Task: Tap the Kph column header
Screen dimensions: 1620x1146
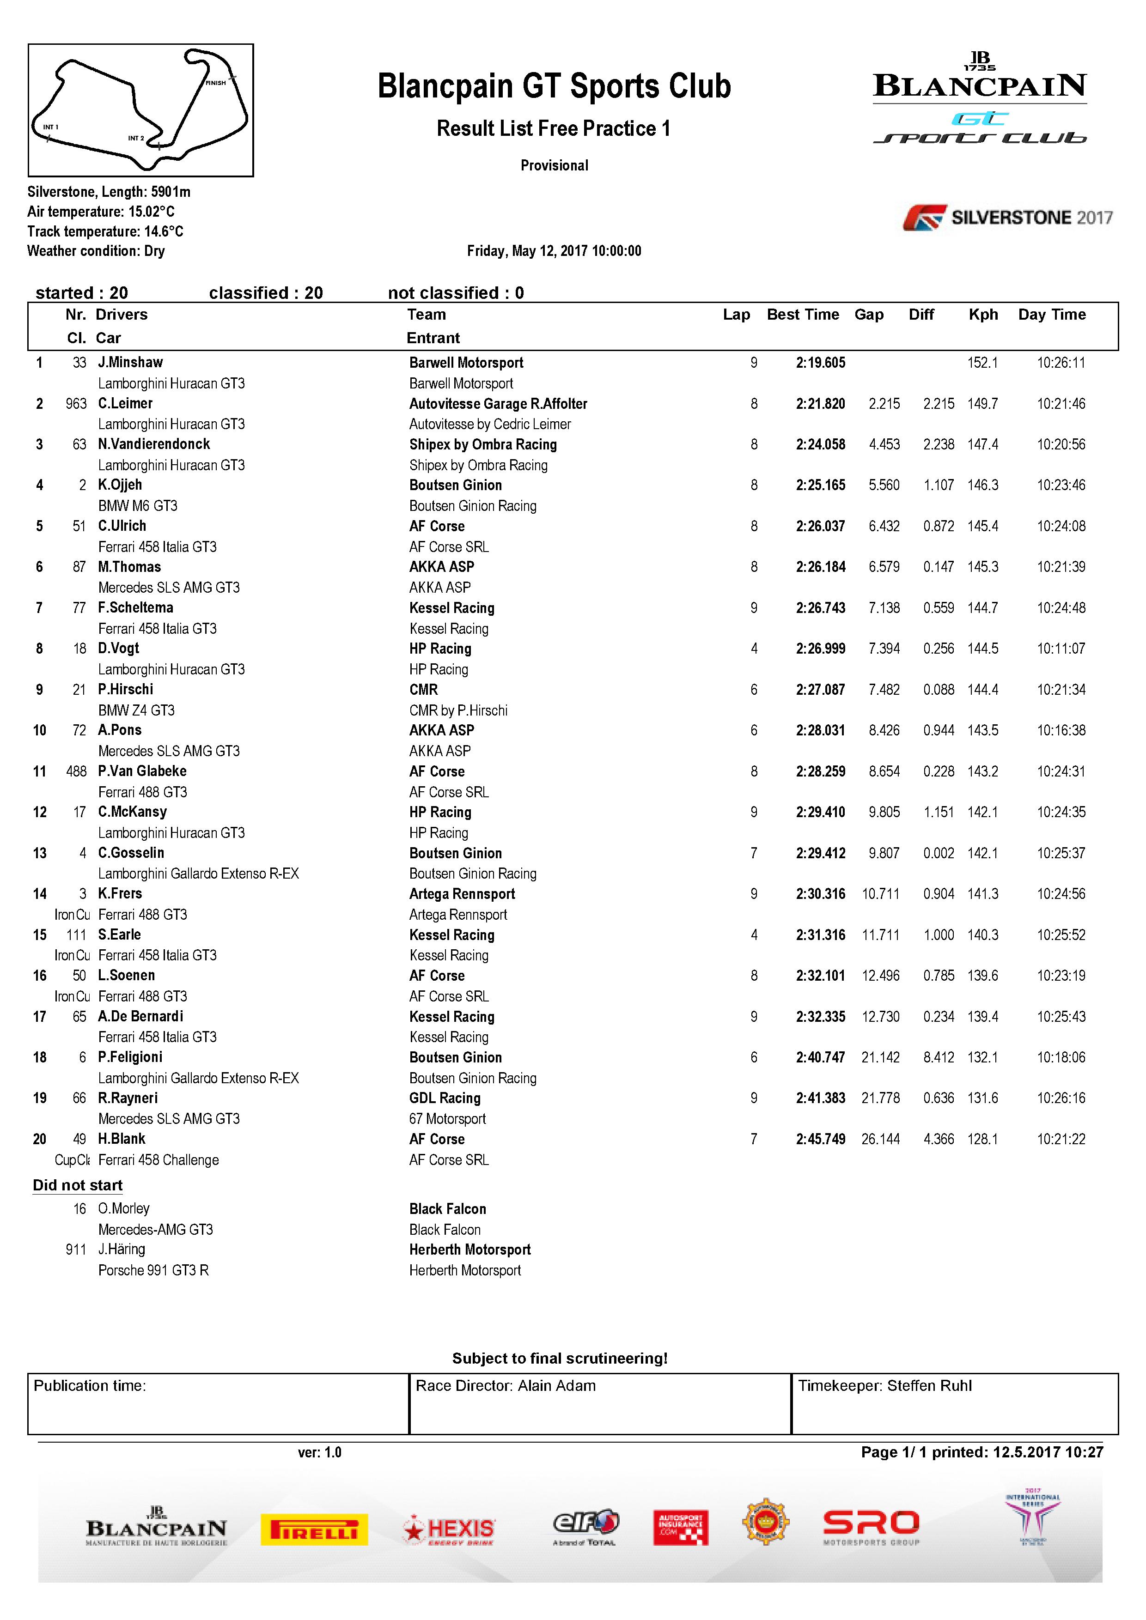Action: [983, 315]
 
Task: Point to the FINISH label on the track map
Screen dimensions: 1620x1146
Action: [215, 83]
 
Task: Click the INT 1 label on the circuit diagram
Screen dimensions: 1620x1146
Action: [51, 127]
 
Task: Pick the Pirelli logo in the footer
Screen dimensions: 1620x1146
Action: [314, 1529]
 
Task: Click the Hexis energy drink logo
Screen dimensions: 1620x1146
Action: [449, 1529]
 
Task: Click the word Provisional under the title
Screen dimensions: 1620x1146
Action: [554, 166]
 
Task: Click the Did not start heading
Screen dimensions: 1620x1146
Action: [78, 1185]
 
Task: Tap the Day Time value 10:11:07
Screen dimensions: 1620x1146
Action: [1061, 649]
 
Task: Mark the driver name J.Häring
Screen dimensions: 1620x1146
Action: [122, 1249]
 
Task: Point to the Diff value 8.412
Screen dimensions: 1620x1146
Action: [939, 1057]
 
